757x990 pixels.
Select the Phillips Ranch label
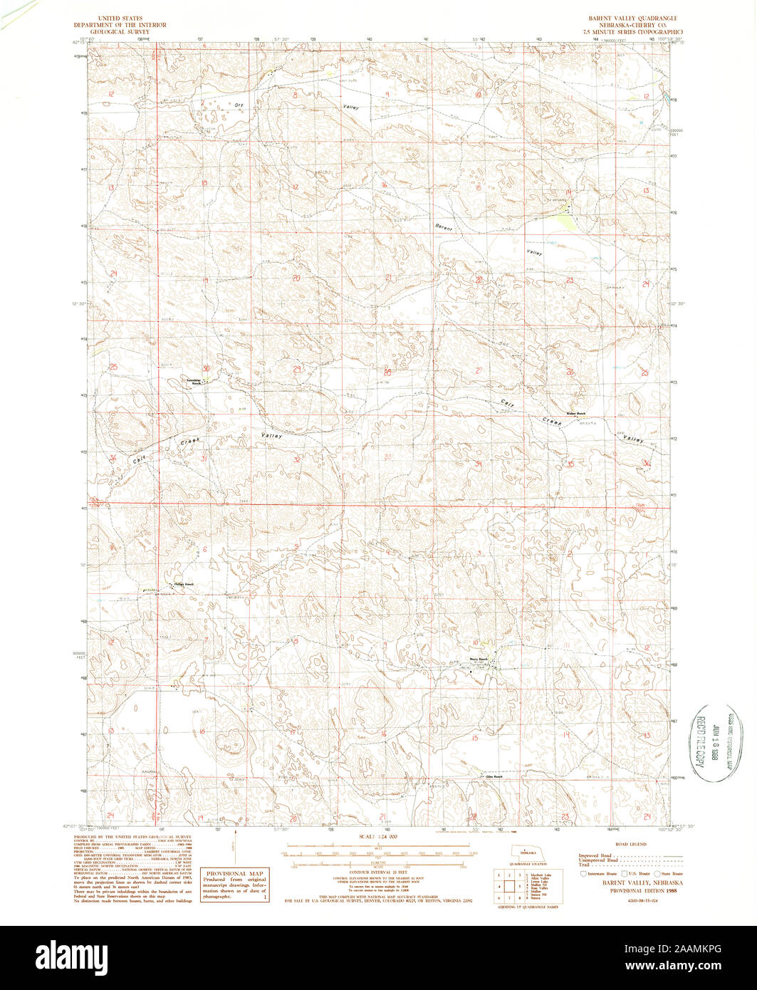[183, 584]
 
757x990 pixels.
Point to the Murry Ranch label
[478, 660]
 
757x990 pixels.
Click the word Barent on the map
[444, 227]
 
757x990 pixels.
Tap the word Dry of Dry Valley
[239, 105]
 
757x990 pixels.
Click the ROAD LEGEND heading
[630, 844]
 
